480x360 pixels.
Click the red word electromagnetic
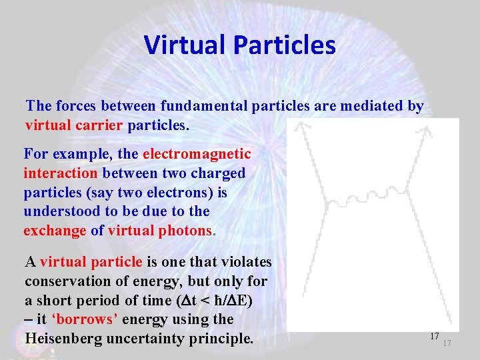click(197, 154)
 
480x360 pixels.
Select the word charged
click(219, 173)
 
